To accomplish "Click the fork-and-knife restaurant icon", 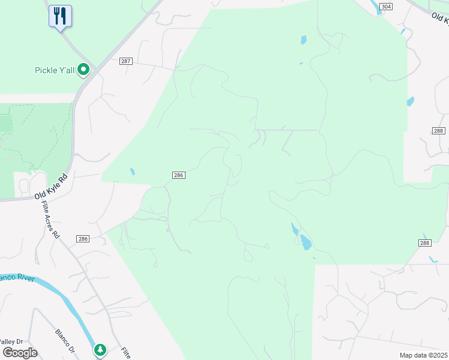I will tap(60, 16).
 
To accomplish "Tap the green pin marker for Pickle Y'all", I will tap(84, 70).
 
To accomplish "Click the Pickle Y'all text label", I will tap(55, 70).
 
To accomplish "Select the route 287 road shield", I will tap(125, 62).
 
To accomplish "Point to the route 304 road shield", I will tap(387, 7).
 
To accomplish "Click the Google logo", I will tap(20, 352).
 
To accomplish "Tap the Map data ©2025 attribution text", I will tap(423, 355).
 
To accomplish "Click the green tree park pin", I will tap(100, 349).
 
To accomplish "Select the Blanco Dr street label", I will tap(64, 340).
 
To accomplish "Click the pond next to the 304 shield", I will tap(378, 7).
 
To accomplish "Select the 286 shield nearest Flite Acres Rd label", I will tap(83, 238).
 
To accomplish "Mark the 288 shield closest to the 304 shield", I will tap(439, 131).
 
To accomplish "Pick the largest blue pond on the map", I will tap(305, 242).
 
